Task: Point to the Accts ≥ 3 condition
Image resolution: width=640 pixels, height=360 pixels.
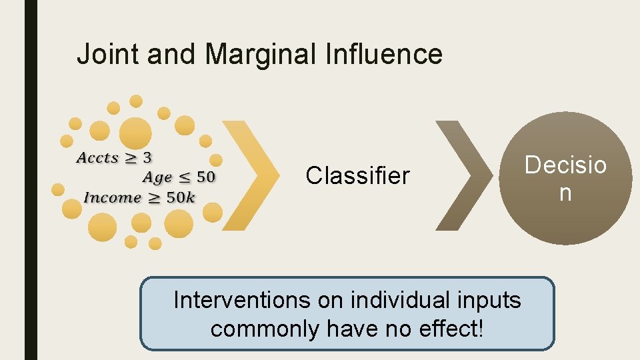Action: pyautogui.click(x=114, y=158)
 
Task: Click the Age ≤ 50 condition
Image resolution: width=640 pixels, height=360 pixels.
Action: pyautogui.click(x=179, y=177)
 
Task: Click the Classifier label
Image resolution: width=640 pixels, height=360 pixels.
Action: pyautogui.click(x=357, y=176)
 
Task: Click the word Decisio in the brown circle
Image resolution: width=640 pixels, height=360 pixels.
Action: pyautogui.click(x=565, y=165)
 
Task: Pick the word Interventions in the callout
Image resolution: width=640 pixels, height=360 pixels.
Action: pyautogui.click(x=241, y=301)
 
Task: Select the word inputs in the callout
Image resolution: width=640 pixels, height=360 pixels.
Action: pyautogui.click(x=491, y=301)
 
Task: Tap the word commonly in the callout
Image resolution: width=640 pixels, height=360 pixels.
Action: pyautogui.click(x=265, y=329)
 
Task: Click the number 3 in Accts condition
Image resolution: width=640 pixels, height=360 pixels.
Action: pyautogui.click(x=147, y=158)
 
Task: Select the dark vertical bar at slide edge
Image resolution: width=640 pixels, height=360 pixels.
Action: pyautogui.click(x=31, y=180)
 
